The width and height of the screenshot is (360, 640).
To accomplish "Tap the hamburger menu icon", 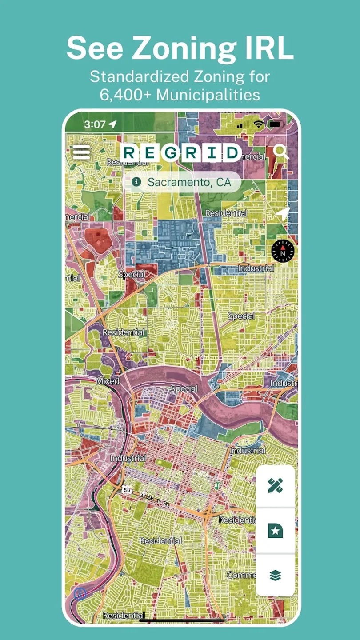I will click(81, 152).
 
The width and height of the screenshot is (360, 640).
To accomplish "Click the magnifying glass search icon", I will click(281, 152).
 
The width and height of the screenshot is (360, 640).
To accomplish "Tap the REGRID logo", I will click(180, 153).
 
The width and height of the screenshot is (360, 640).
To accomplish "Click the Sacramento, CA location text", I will click(189, 182).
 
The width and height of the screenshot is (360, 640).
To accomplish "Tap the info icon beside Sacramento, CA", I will click(136, 182).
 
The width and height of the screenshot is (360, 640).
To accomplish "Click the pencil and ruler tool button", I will click(275, 486).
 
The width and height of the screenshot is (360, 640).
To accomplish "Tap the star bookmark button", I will click(275, 530).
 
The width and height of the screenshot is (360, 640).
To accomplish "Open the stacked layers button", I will click(275, 575).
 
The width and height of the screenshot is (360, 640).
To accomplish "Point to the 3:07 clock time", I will click(94, 124).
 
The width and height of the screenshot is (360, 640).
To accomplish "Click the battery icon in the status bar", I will click(276, 124).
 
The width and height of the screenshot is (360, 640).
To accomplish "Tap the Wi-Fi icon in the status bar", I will click(259, 124).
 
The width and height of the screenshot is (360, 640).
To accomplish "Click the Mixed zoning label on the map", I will click(108, 381).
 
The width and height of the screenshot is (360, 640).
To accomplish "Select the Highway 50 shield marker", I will click(128, 489).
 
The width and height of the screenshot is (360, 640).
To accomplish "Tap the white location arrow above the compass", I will click(283, 214).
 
